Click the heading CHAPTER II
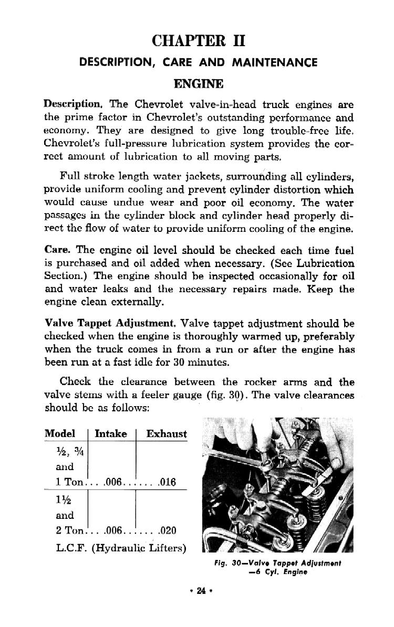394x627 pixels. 198,40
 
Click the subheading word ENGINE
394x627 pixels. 199,84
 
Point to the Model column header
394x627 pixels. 60,433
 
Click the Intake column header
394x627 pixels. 110,433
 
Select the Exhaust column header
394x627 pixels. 166,433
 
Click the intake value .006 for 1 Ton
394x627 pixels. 113,482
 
